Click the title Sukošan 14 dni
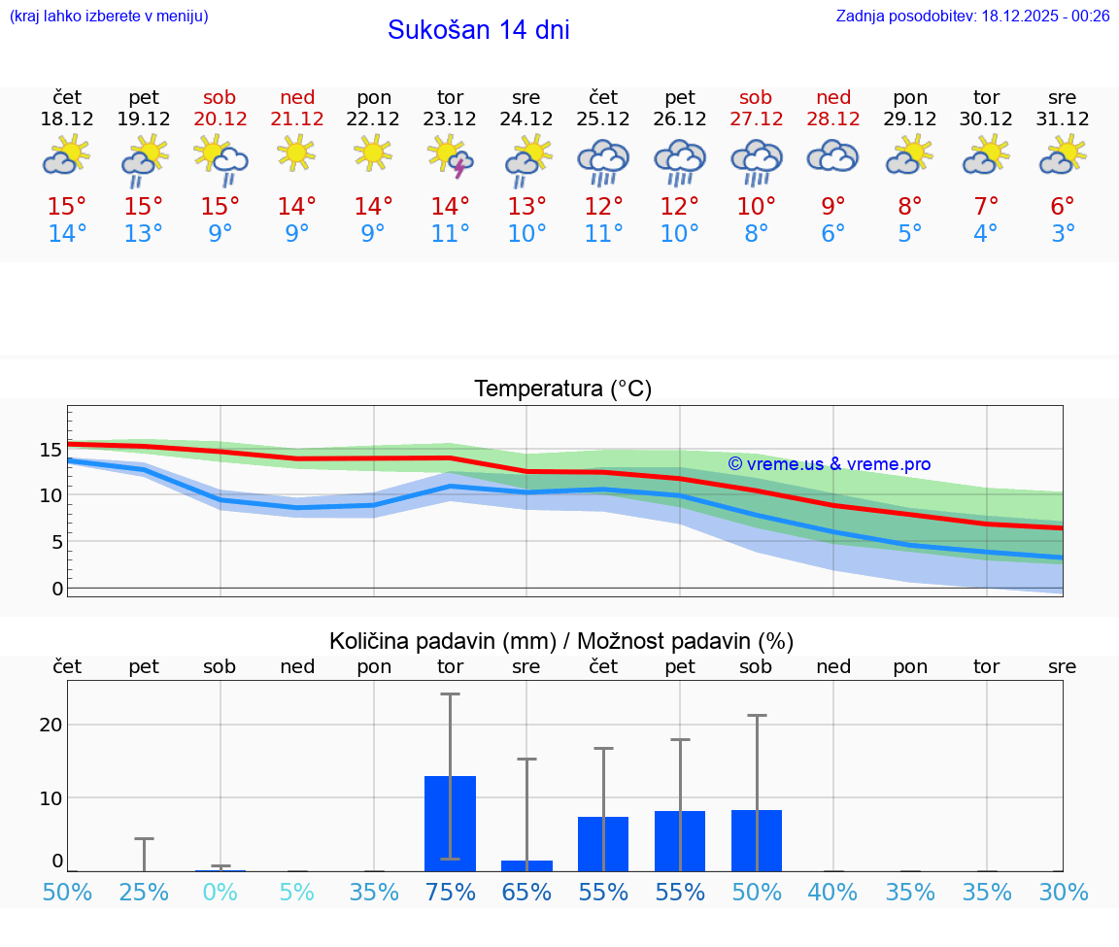[478, 30]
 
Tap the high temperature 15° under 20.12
[220, 207]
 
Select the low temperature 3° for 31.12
[1063, 234]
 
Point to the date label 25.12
[603, 118]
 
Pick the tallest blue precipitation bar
[450, 823]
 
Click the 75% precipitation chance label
[450, 892]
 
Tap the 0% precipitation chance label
[220, 892]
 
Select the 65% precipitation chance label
[526, 892]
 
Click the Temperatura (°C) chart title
[562, 389]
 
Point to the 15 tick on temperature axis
[51, 450]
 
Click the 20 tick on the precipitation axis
[51, 725]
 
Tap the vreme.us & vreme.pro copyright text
[829, 464]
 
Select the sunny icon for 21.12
[296, 152]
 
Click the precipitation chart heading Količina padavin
[560, 641]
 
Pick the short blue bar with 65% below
[526, 865]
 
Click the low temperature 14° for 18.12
[67, 234]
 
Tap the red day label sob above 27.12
[756, 97]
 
